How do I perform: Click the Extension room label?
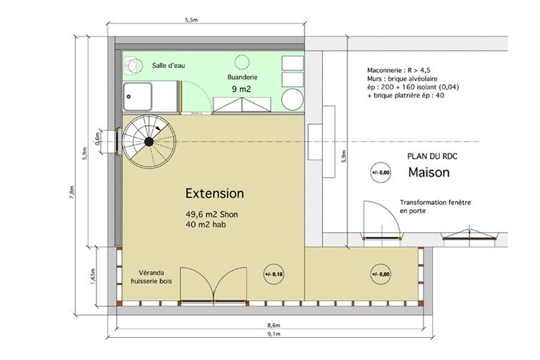tap(214, 194)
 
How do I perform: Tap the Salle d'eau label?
tap(169, 65)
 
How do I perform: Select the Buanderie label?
tap(242, 77)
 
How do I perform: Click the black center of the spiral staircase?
tap(149, 141)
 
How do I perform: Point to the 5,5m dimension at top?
tap(191, 20)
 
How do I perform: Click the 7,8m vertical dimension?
tap(71, 192)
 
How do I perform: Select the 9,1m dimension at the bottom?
tap(274, 334)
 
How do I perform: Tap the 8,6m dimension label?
tap(274, 325)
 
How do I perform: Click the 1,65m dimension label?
tap(93, 276)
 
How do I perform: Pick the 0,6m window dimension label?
tap(97, 139)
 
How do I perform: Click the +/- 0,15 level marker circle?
tap(274, 274)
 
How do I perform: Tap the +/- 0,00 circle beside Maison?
tap(381, 172)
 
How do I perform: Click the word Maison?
tap(429, 172)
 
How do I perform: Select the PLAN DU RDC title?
tap(432, 156)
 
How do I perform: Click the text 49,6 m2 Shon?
tap(212, 214)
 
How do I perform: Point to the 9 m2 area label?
tap(241, 89)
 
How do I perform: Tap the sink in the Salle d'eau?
tap(133, 66)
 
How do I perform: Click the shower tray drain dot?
tap(129, 97)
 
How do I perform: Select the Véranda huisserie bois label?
tap(151, 276)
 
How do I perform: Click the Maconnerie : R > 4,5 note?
tap(399, 70)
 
